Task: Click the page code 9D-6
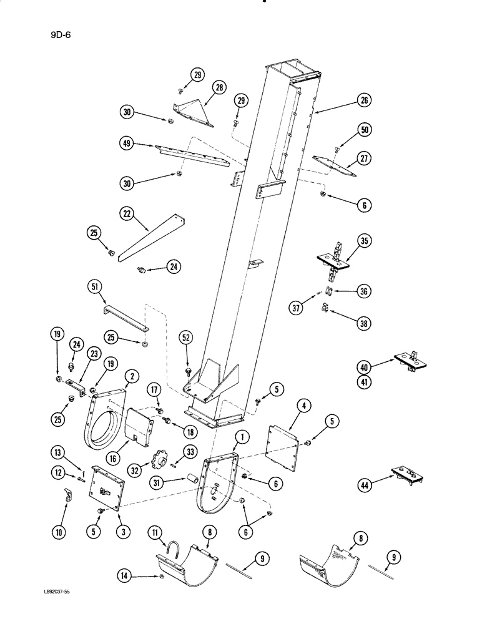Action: click(x=61, y=35)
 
